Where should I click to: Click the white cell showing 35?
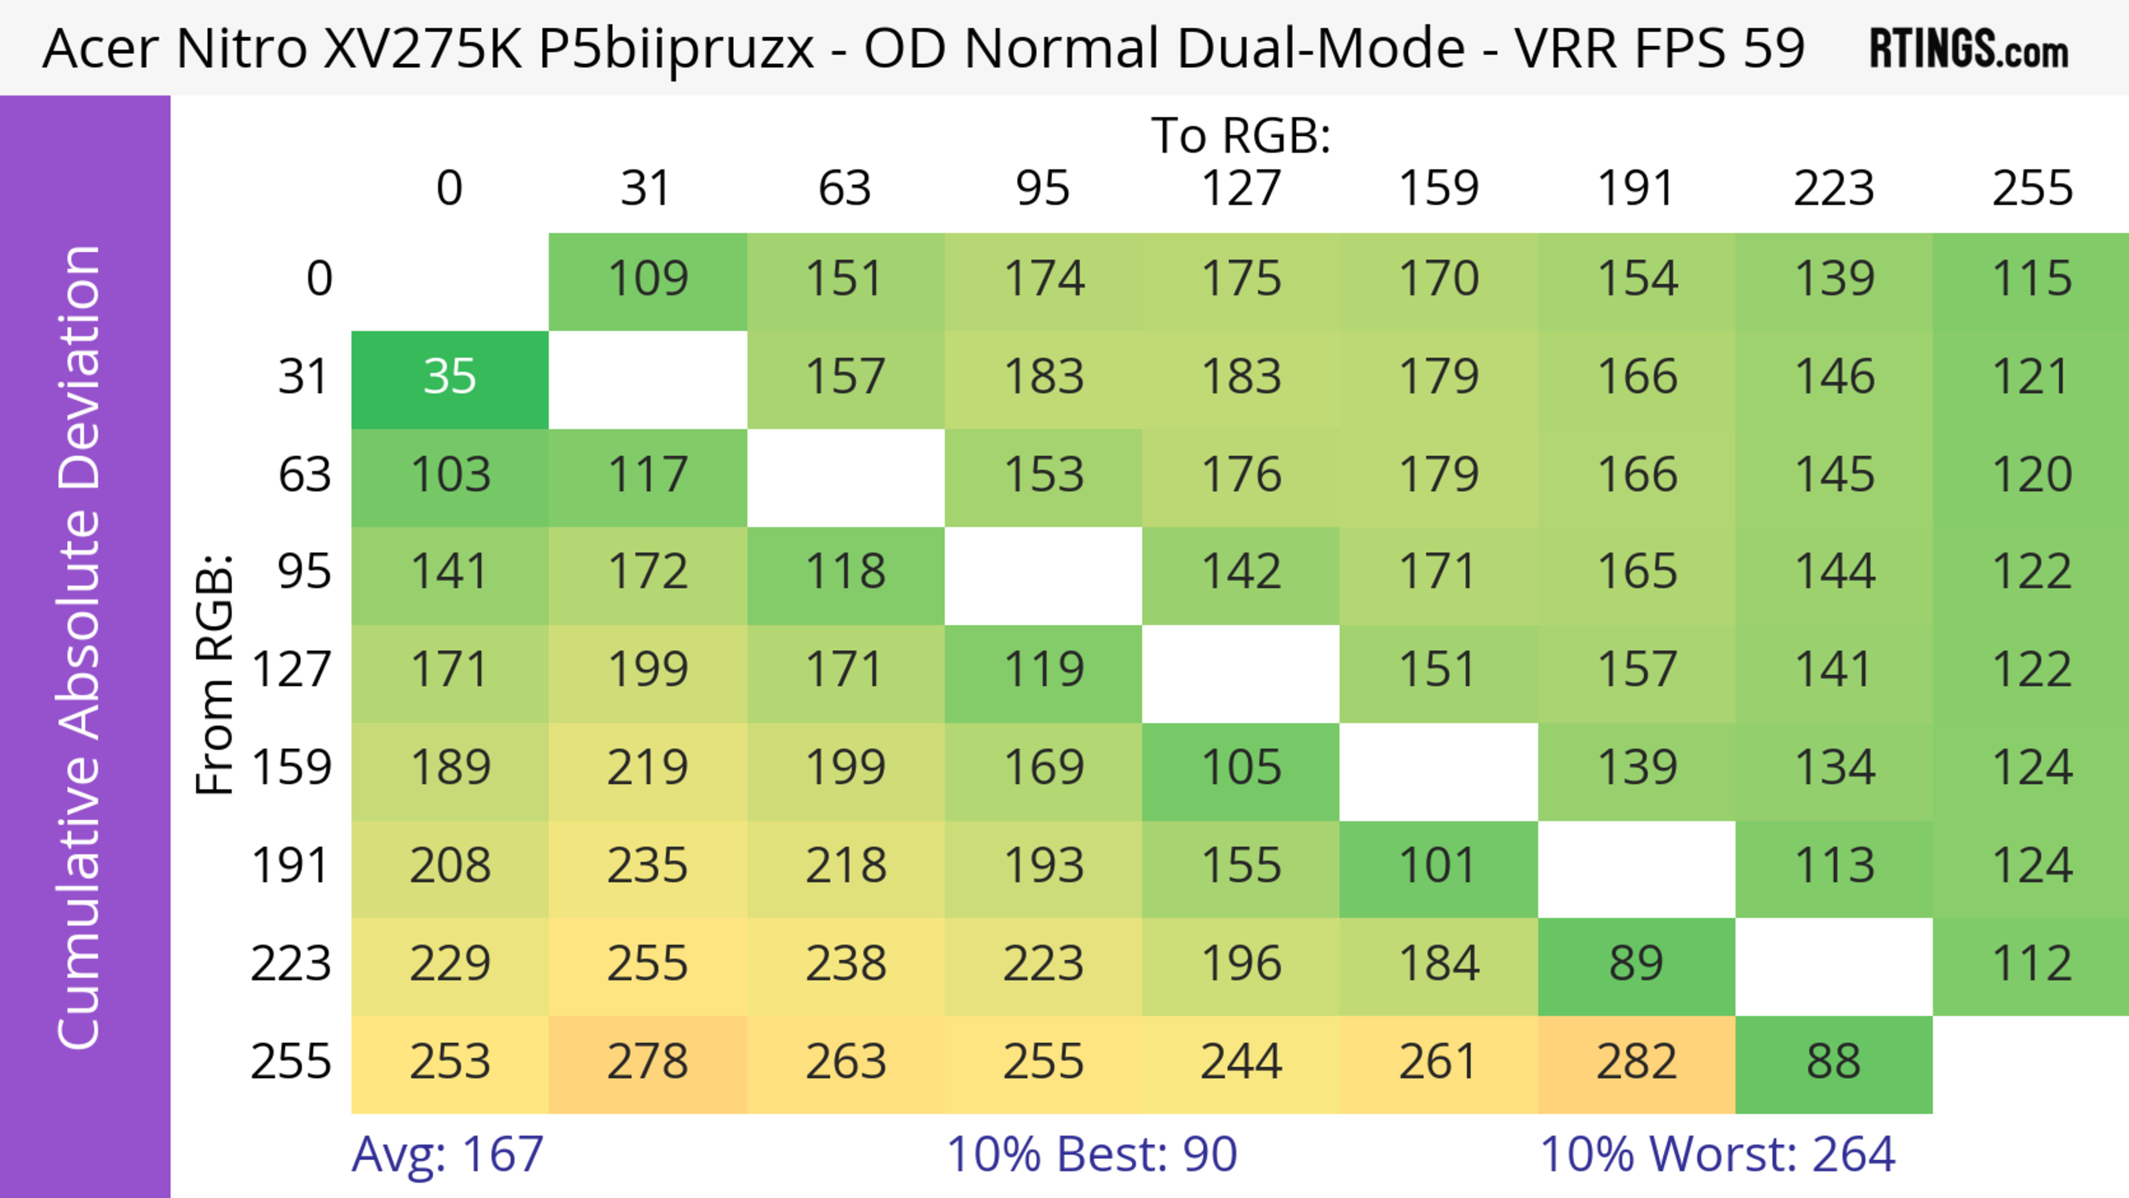click(x=450, y=378)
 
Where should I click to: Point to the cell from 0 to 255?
click(x=2031, y=279)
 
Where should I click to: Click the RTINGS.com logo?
click(x=1969, y=49)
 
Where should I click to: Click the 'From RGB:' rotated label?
click(x=215, y=674)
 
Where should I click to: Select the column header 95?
click(x=1042, y=188)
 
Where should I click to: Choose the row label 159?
click(x=291, y=768)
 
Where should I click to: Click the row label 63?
click(x=304, y=475)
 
